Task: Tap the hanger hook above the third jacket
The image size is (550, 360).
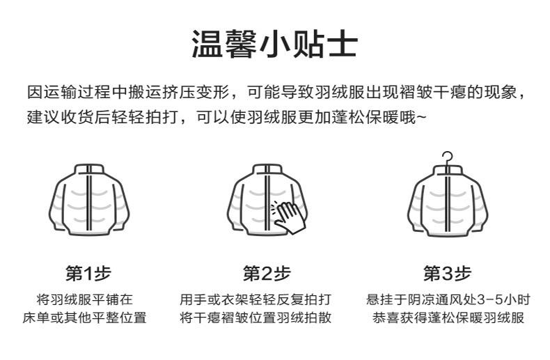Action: point(447,157)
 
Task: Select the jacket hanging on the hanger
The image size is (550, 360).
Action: point(447,202)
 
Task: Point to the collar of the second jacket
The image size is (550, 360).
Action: point(266,169)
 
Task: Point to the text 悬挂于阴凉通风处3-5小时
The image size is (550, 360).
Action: point(448,300)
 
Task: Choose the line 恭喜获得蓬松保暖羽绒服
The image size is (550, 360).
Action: point(448,318)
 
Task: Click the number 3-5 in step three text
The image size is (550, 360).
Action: point(489,300)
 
